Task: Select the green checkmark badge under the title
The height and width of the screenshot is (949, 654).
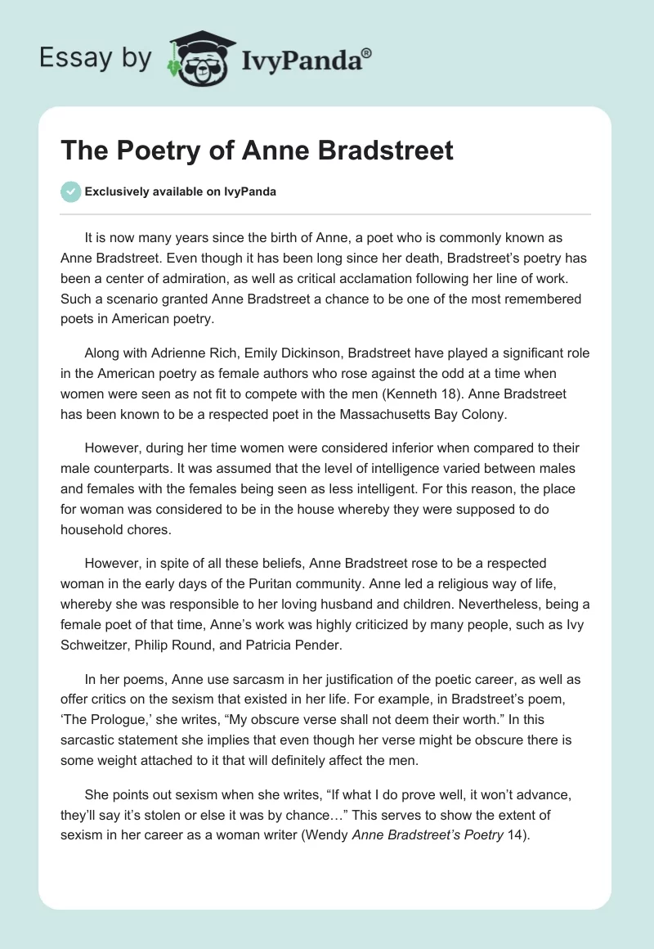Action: pos(70,191)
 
